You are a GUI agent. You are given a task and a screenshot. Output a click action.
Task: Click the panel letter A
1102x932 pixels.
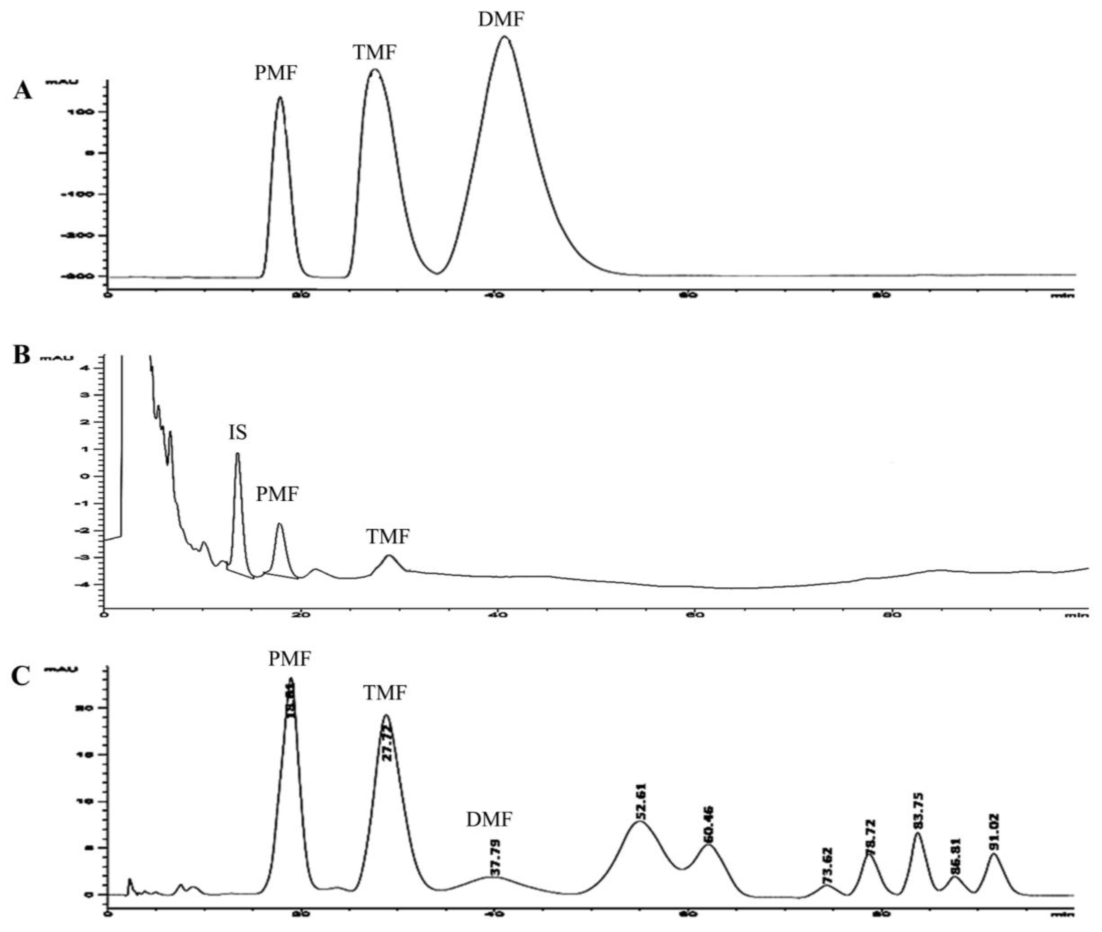click(x=23, y=91)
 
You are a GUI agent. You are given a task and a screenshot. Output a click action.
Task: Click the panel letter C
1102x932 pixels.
click(x=21, y=676)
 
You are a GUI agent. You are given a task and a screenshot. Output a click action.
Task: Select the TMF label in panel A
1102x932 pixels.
click(x=374, y=53)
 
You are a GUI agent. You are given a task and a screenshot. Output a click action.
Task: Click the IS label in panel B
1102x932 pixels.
click(x=237, y=433)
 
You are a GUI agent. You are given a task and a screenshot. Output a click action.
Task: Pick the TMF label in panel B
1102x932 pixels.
click(x=388, y=537)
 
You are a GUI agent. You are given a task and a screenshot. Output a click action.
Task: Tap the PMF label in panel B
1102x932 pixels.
click(x=277, y=495)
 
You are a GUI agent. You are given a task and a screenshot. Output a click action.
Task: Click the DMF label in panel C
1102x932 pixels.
click(x=489, y=820)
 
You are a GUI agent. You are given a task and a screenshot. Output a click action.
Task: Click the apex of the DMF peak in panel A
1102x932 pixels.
click(x=504, y=37)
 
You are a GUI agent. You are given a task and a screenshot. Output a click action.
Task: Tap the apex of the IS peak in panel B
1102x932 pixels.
click(x=237, y=453)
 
